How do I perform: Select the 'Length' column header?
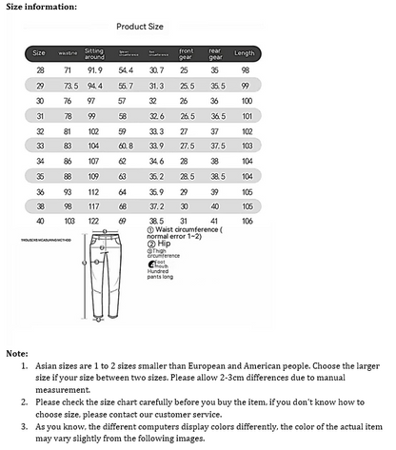click(245, 52)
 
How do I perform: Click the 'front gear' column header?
click(187, 52)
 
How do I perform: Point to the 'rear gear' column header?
click(215, 52)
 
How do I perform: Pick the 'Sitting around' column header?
click(95, 52)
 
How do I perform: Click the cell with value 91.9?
click(95, 70)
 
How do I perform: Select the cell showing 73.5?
click(69, 85)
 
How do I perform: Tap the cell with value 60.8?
click(126, 146)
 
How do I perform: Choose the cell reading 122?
click(95, 220)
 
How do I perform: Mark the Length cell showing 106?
click(247, 220)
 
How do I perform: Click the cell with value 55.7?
click(126, 85)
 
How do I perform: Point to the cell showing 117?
click(95, 205)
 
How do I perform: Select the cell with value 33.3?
click(156, 130)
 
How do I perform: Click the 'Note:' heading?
click(16, 353)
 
